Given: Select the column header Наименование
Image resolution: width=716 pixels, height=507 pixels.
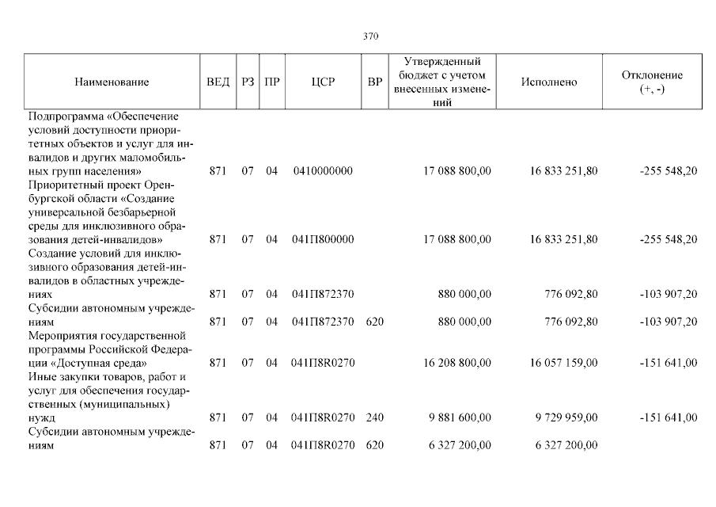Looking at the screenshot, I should coord(112,82).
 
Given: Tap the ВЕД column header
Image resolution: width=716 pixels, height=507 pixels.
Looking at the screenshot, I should coord(218,82).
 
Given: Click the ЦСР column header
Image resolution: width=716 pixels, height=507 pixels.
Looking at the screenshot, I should coord(322,82).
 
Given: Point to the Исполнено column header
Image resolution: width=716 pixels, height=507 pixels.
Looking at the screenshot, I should coord(549,82).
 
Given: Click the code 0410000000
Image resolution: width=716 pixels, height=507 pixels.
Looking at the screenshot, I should coord(322,171).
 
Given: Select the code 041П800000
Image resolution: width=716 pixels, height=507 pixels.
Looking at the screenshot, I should coord(322,239).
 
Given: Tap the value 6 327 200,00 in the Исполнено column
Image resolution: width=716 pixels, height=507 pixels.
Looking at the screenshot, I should coord(565,445).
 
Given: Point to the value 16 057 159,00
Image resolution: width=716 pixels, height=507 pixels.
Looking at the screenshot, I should coord(564,363).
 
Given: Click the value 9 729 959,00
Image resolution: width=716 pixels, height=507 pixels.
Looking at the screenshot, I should coord(566,417).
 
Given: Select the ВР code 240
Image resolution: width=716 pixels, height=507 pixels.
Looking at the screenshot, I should coord(375,417).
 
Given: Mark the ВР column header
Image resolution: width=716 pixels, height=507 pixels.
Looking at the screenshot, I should coord(375,82).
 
